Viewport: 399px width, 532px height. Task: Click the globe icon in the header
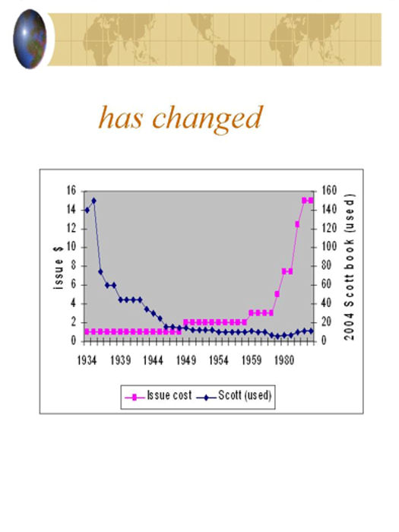(x=30, y=39)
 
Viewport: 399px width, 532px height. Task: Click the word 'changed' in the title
(x=207, y=119)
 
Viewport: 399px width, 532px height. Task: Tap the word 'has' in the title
(x=120, y=117)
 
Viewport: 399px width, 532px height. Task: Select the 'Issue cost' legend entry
(x=158, y=396)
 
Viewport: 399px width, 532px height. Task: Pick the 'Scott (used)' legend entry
(x=234, y=396)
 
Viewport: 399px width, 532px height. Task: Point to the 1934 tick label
(x=87, y=360)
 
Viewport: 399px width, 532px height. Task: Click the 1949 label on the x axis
(x=186, y=360)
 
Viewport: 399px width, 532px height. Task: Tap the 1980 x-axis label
(x=284, y=360)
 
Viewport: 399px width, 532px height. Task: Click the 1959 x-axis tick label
(x=252, y=360)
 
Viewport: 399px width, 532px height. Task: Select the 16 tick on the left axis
(x=71, y=191)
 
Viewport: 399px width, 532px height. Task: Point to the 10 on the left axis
(x=71, y=247)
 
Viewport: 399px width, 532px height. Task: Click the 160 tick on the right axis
(x=329, y=190)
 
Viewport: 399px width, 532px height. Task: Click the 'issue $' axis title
(x=59, y=268)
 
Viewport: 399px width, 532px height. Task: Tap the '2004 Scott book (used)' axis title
(x=350, y=267)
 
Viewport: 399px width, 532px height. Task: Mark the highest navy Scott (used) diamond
(x=94, y=201)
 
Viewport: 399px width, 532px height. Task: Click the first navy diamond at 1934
(x=87, y=211)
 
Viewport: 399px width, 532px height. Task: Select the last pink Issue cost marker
(x=311, y=201)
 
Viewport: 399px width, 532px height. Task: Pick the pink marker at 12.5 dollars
(x=297, y=224)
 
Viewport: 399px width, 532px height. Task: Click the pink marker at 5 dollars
(x=277, y=294)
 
